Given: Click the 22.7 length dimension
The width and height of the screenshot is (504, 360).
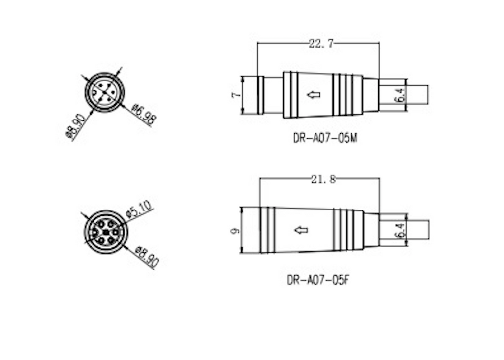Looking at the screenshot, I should tap(321, 44).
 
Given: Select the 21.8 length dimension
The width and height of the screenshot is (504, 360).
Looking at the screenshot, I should tap(323, 180).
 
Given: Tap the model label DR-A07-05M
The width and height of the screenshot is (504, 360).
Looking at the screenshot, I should tap(325, 139).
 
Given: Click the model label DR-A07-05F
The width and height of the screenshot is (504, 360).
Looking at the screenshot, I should tap(320, 280).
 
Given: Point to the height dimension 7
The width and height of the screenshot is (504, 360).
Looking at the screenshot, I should tap(236, 95).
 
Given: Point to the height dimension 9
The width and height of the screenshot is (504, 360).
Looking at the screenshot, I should tap(235, 230).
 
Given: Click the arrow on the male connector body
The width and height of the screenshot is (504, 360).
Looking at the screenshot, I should tap(313, 94).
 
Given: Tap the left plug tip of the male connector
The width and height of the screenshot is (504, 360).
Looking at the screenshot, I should tap(251, 95).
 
